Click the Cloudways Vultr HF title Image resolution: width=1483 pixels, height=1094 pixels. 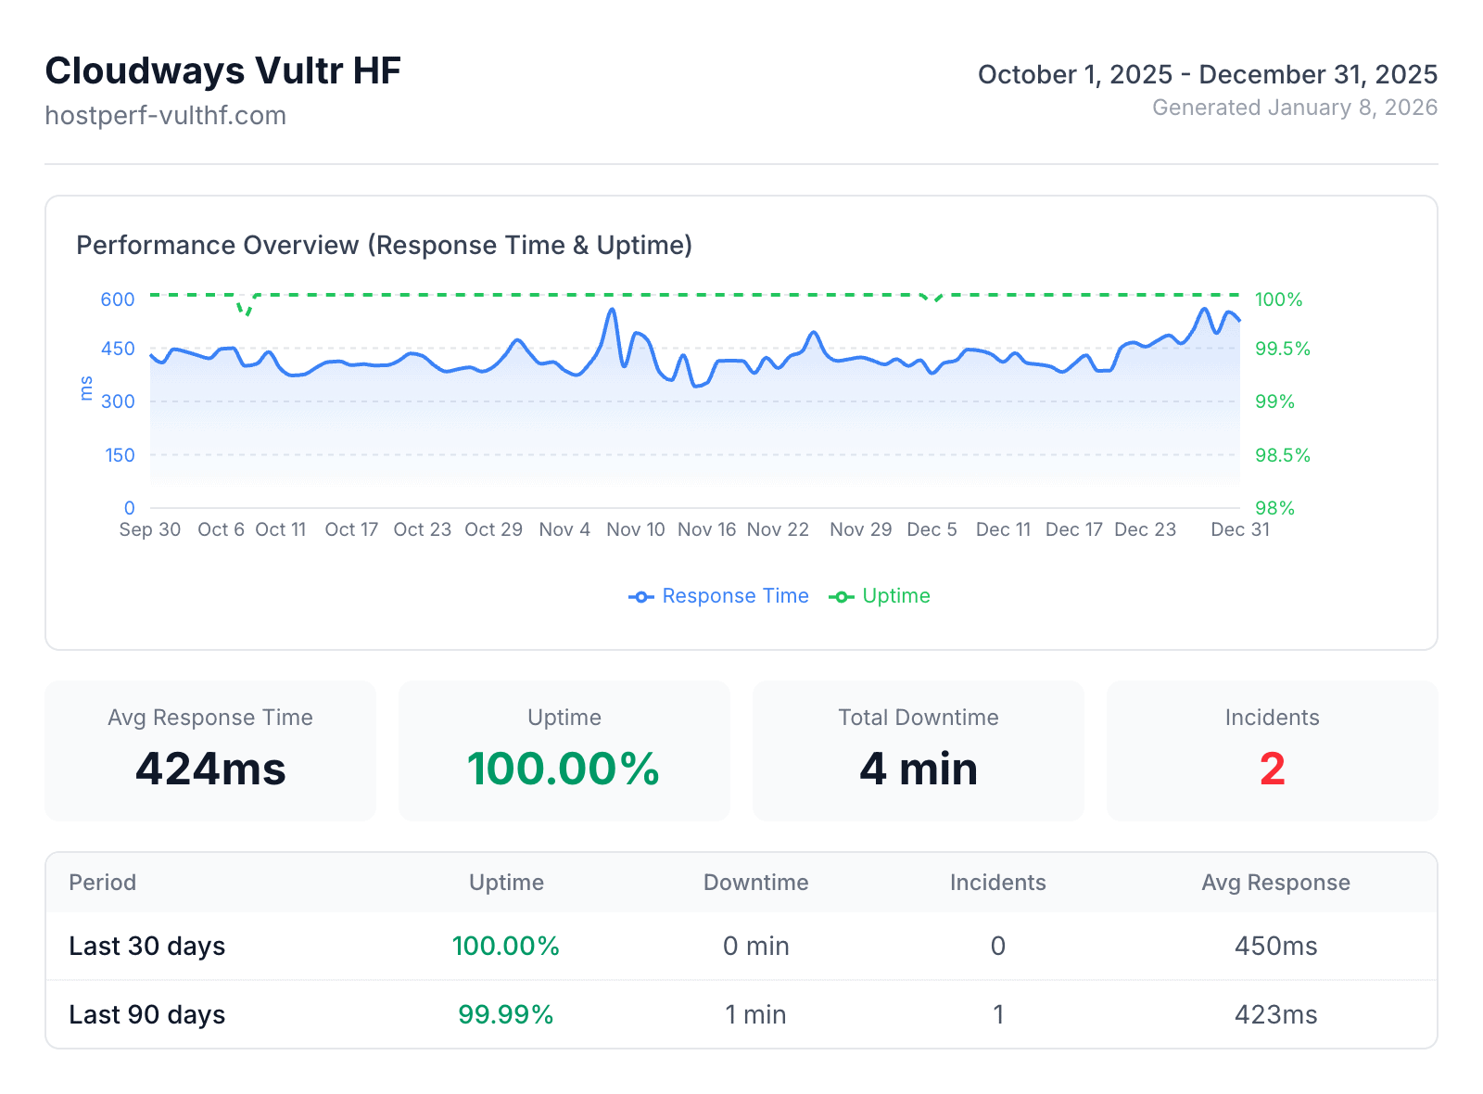coord(222,71)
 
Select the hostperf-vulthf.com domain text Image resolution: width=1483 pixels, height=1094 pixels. coord(165,116)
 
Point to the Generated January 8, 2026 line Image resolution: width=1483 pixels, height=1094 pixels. coord(1294,108)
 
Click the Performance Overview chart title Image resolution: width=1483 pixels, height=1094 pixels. coord(384,246)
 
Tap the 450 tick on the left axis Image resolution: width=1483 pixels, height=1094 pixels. coord(119,350)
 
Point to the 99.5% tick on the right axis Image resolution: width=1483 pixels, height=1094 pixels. coord(1282,350)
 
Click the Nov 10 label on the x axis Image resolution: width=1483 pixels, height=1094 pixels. coord(635,529)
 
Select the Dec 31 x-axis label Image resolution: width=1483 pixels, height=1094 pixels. coord(1239,529)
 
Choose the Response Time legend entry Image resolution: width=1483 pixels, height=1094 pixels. coord(719,596)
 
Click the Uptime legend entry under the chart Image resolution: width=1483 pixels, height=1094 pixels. coord(880,596)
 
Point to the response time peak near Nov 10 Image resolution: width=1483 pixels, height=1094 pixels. coord(612,310)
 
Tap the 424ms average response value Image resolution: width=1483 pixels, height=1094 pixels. coord(210,769)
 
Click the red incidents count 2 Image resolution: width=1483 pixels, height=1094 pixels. coord(1272,769)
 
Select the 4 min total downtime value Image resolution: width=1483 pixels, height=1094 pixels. coord(918,769)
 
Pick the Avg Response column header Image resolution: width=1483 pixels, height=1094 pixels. coord(1275,883)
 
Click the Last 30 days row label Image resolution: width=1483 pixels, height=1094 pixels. coord(146,946)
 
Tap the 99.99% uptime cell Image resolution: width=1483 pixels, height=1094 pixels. coord(505,1014)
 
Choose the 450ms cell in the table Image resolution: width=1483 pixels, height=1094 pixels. coord(1275,946)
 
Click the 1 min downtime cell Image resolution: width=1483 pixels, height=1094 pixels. coord(755,1014)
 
